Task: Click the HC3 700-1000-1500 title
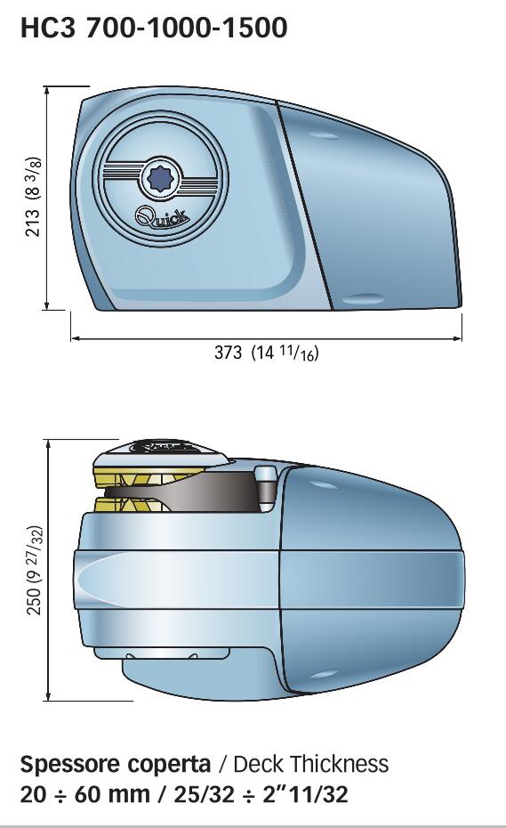(154, 28)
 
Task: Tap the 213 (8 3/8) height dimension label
(33, 197)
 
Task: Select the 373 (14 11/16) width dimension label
(267, 353)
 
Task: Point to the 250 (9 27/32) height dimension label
(34, 570)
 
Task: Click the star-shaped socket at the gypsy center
(158, 179)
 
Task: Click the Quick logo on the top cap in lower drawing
(164, 447)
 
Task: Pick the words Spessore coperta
(116, 764)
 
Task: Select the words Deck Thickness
(310, 764)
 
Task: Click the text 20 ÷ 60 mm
(85, 794)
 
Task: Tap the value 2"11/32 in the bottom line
(306, 794)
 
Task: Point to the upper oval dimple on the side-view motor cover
(323, 135)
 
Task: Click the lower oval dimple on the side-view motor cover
(364, 299)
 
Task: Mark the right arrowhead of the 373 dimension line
(457, 338)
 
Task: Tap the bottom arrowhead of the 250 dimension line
(48, 696)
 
